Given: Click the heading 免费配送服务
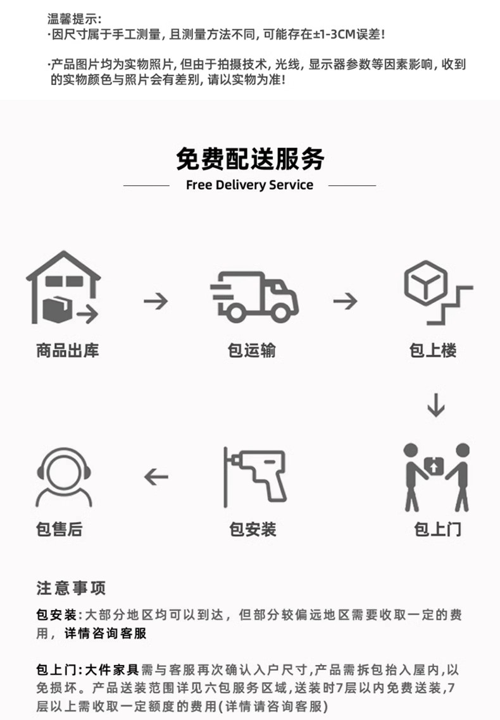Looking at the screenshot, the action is tap(250, 159).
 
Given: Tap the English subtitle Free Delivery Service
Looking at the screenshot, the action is tap(249, 185).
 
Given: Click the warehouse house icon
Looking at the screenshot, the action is tap(63, 287).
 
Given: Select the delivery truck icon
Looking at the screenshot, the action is tap(254, 296).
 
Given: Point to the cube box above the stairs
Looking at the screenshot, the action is tap(426, 283).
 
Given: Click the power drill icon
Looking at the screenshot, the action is tap(256, 476).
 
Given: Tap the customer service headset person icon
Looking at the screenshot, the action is tap(64, 477).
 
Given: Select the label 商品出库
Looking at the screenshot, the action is tap(68, 350).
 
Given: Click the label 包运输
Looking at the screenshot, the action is tap(252, 350).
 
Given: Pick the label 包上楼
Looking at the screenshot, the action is tap(433, 350).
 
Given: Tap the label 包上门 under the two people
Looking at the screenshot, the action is tap(437, 530).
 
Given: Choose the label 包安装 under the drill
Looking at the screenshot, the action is tap(253, 530).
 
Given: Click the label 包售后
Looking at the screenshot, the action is tap(59, 530).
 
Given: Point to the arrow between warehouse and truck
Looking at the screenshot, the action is tap(156, 302).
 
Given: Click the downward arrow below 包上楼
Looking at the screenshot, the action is tap(435, 405).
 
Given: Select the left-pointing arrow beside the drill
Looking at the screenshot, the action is tap(156, 477).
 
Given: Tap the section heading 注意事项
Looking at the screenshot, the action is tap(72, 589).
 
